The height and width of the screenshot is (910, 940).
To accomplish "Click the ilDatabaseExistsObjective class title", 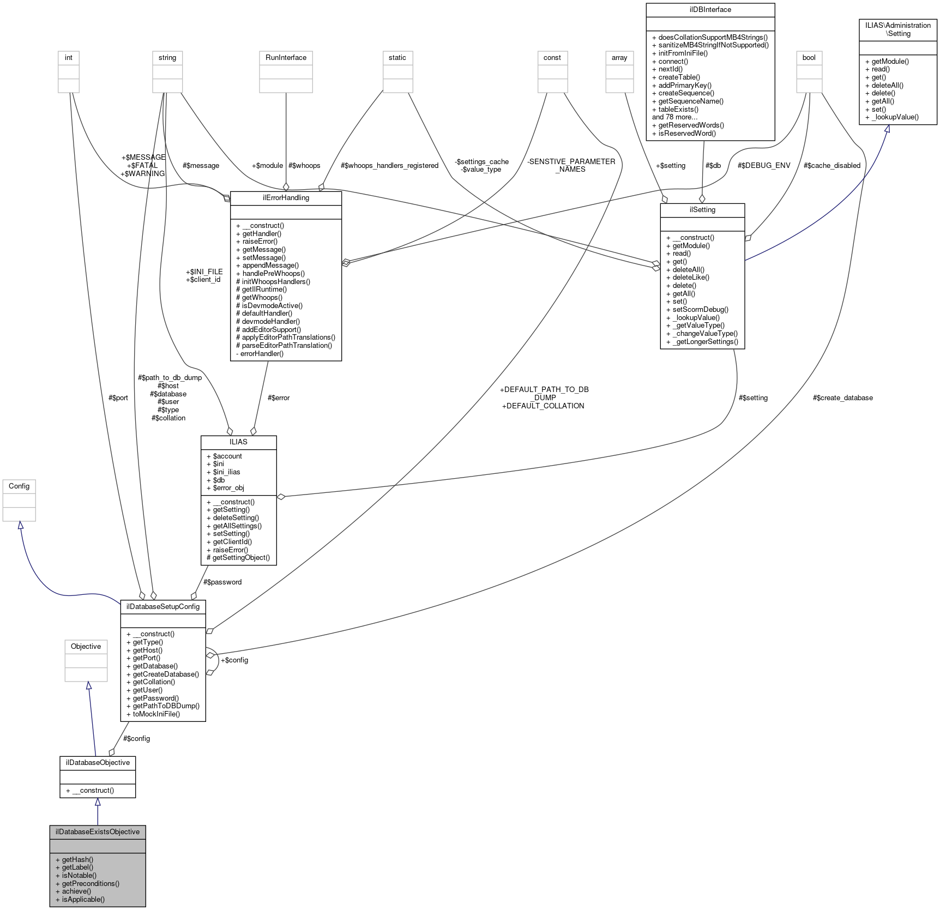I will point(98,831).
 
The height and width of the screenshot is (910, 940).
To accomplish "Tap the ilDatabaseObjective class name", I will point(98,762).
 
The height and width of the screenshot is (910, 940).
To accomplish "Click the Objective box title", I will point(86,646).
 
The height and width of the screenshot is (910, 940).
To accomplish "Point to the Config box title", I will point(19,486).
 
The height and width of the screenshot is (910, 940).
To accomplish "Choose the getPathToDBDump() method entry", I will point(166,706).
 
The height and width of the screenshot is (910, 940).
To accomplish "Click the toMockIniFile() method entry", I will point(156,714).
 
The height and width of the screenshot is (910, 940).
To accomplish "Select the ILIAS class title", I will point(238,442).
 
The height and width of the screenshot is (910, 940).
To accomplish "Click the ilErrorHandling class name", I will point(286,197).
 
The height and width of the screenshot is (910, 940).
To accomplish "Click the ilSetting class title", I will point(702,209).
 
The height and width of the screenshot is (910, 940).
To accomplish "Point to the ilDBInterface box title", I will point(710,9).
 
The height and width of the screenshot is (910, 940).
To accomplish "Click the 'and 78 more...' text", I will point(674,117).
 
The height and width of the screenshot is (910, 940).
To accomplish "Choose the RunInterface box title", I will point(286,57).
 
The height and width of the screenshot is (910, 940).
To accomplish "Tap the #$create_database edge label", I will point(842,397).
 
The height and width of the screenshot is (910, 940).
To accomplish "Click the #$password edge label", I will point(222,582).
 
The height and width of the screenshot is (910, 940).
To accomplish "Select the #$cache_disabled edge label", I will point(831,165).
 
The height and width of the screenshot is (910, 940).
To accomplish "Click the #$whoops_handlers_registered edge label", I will point(389,165).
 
